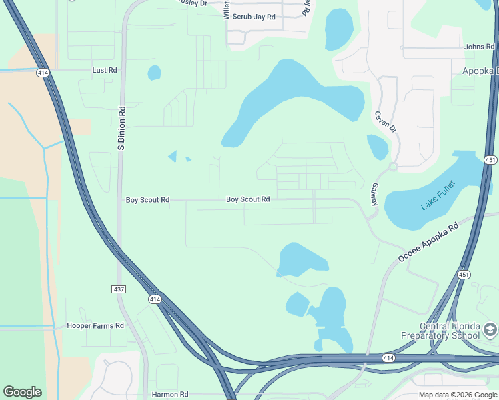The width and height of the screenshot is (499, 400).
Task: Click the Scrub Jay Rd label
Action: pyautogui.click(x=254, y=17)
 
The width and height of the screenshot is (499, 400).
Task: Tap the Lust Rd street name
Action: pyautogui.click(x=105, y=70)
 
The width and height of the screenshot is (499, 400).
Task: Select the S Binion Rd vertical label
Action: pyautogui.click(x=121, y=127)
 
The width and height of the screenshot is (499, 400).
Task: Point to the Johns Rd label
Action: pyautogui.click(x=479, y=47)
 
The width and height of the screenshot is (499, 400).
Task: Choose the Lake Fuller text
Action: pyautogui.click(x=438, y=195)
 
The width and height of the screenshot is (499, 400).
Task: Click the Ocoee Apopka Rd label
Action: pyautogui.click(x=429, y=242)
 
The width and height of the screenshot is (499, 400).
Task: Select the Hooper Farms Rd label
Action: pyautogui.click(x=95, y=326)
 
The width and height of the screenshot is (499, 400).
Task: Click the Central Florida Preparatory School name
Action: pyautogui.click(x=440, y=331)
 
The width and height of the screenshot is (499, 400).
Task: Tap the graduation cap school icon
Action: pyautogui.click(x=490, y=330)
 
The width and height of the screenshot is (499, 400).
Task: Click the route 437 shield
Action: pyautogui.click(x=117, y=289)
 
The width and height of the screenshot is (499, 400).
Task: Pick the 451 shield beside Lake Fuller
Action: pyautogui.click(x=490, y=160)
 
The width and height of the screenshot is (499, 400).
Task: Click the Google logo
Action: pyautogui.click(x=22, y=392)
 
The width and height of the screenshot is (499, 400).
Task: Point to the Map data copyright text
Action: pyautogui.click(x=458, y=395)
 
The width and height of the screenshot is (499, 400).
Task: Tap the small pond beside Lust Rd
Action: pyautogui.click(x=154, y=72)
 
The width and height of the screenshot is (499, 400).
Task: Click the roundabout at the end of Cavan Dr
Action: pyautogui.click(x=394, y=166)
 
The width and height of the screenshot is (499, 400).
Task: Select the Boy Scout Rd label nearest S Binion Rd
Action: pyautogui.click(x=147, y=200)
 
